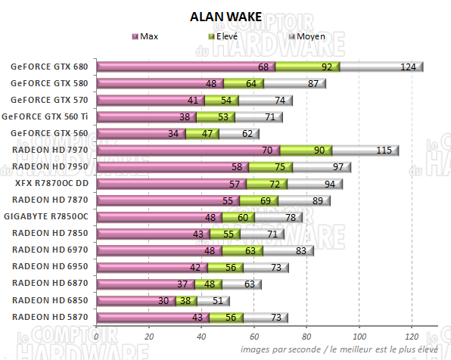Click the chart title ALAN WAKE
tap(225, 17)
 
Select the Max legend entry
tap(149, 36)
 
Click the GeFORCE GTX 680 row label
tap(48, 67)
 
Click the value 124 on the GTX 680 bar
tap(408, 67)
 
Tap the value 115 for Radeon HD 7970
tap(384, 151)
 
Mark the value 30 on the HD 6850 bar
tap(163, 300)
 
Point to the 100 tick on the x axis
tap(359, 336)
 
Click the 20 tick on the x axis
tap(149, 336)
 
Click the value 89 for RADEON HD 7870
tap(316, 200)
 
